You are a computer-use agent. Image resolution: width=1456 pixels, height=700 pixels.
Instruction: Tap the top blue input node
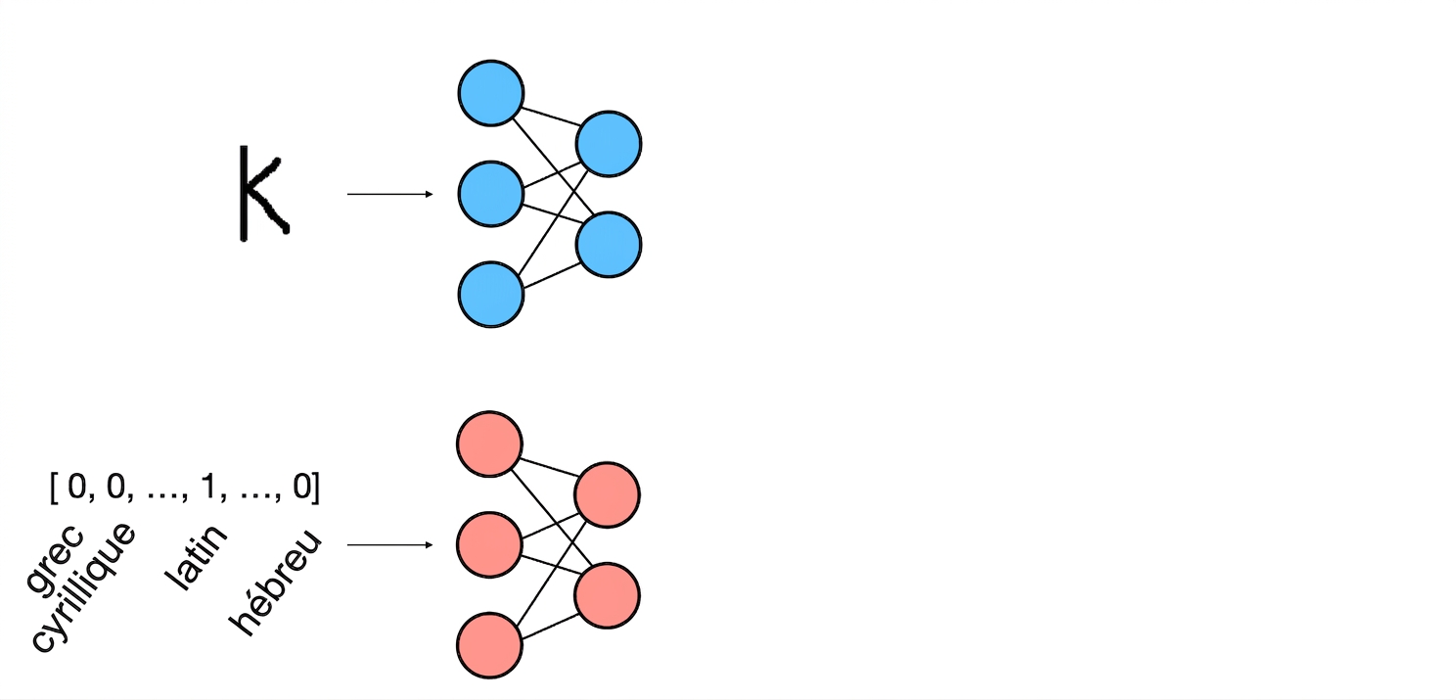click(x=491, y=93)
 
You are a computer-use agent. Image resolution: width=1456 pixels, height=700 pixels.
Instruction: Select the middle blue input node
click(x=491, y=194)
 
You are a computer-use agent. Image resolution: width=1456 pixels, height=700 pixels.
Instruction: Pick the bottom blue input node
click(x=491, y=295)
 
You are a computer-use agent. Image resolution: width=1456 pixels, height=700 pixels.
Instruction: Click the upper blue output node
click(x=609, y=144)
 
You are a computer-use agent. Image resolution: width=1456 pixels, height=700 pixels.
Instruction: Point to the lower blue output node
click(x=609, y=245)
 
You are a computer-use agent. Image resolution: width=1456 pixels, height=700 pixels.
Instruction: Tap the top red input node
click(x=489, y=444)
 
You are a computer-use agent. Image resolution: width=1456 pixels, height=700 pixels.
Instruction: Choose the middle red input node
click(x=489, y=544)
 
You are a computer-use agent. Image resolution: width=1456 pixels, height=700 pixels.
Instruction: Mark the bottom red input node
click(x=489, y=645)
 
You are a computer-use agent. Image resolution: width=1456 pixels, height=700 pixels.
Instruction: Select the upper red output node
click(x=607, y=495)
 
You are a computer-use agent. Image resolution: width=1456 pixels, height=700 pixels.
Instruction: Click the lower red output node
click(x=607, y=596)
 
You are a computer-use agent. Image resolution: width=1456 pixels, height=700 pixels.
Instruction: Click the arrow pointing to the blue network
click(x=390, y=194)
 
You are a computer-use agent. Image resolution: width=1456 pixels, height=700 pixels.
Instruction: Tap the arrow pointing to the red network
click(x=390, y=544)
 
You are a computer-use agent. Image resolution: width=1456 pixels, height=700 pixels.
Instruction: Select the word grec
click(x=55, y=559)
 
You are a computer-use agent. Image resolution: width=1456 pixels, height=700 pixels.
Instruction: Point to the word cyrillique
click(x=82, y=586)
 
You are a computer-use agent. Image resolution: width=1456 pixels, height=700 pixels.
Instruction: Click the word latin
click(x=196, y=557)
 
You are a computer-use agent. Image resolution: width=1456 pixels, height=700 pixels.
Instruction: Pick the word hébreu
click(x=276, y=583)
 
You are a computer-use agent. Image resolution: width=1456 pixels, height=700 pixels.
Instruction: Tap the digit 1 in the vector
click(x=208, y=486)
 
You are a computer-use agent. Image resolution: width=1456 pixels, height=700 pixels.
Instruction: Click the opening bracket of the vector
click(x=53, y=488)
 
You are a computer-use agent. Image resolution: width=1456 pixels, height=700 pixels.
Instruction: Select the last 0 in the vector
click(x=302, y=487)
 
